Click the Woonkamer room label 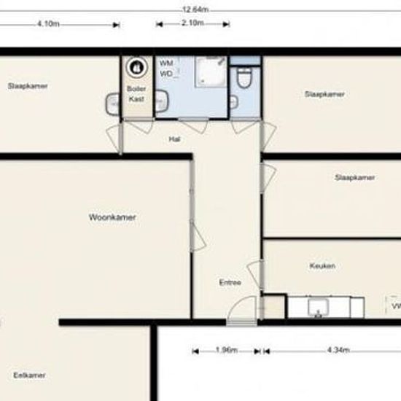(x=112, y=217)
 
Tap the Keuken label (x=322, y=266)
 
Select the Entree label (x=230, y=281)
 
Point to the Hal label (x=174, y=139)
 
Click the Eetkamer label (x=30, y=375)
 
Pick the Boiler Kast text (x=136, y=93)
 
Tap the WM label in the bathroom (x=166, y=63)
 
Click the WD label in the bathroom (x=166, y=74)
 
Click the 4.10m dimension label (x=47, y=23)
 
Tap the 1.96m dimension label (x=227, y=350)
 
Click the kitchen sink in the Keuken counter (x=318, y=310)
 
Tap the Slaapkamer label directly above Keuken (x=355, y=177)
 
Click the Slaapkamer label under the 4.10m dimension (x=28, y=86)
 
